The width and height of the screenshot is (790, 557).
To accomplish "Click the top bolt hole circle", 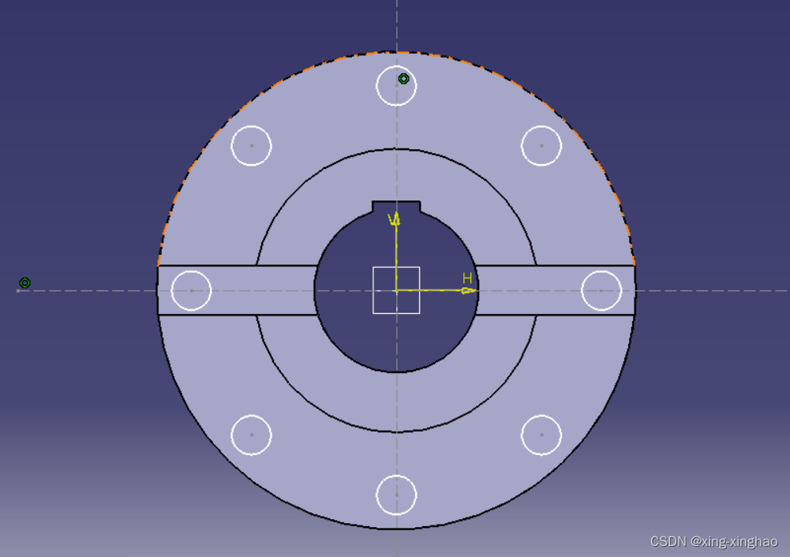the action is point(396,66).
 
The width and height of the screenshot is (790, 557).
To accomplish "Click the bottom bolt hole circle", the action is point(396,475).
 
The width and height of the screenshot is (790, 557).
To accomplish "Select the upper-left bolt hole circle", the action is point(252,126).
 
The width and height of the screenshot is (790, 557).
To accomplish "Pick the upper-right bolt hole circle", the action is point(541,126).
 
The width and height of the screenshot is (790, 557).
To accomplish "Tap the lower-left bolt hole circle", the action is point(252,416).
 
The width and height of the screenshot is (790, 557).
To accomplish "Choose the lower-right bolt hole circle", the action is point(541,416).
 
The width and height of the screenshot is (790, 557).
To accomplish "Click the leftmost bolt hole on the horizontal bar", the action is point(192,271).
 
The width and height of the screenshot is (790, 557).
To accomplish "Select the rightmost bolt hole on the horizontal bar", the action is point(601,271).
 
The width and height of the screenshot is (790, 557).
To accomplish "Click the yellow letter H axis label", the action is point(467,278).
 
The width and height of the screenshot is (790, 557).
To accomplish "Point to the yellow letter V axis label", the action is point(392,219).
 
